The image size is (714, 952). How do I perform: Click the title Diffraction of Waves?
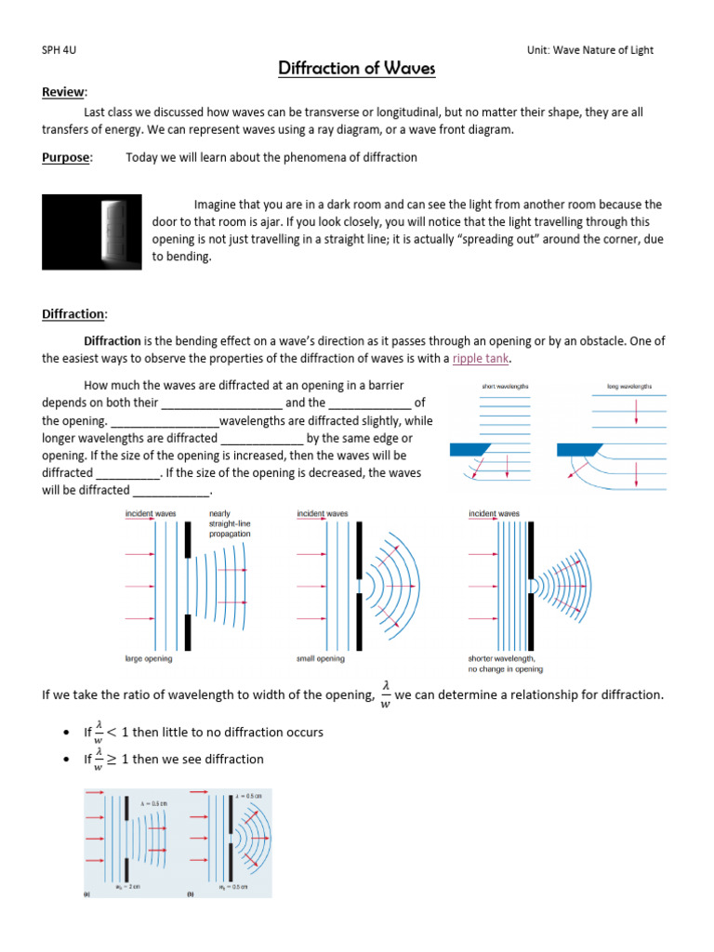357,69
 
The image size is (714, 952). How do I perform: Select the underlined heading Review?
64,92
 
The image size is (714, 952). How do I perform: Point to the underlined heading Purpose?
67,157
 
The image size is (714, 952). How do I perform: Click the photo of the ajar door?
92,231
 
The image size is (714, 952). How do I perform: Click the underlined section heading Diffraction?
74,313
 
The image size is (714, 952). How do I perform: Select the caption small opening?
320,658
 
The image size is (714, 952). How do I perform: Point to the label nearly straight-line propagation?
230,524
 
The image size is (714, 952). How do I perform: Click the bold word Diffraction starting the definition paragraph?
112,341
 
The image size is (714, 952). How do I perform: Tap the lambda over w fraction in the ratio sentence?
385,695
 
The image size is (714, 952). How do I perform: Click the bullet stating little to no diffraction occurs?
204,733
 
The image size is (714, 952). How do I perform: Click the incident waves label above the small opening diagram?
323,513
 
